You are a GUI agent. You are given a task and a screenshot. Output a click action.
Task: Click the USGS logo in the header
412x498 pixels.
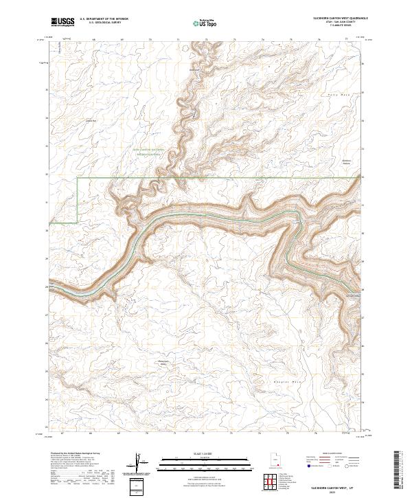[x=62, y=23]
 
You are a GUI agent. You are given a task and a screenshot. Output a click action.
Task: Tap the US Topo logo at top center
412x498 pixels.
[x=200, y=23]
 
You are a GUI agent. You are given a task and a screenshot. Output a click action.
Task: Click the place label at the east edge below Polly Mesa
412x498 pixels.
[x=347, y=163]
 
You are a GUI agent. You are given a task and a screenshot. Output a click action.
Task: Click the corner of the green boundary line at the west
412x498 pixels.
[x=77, y=178]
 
